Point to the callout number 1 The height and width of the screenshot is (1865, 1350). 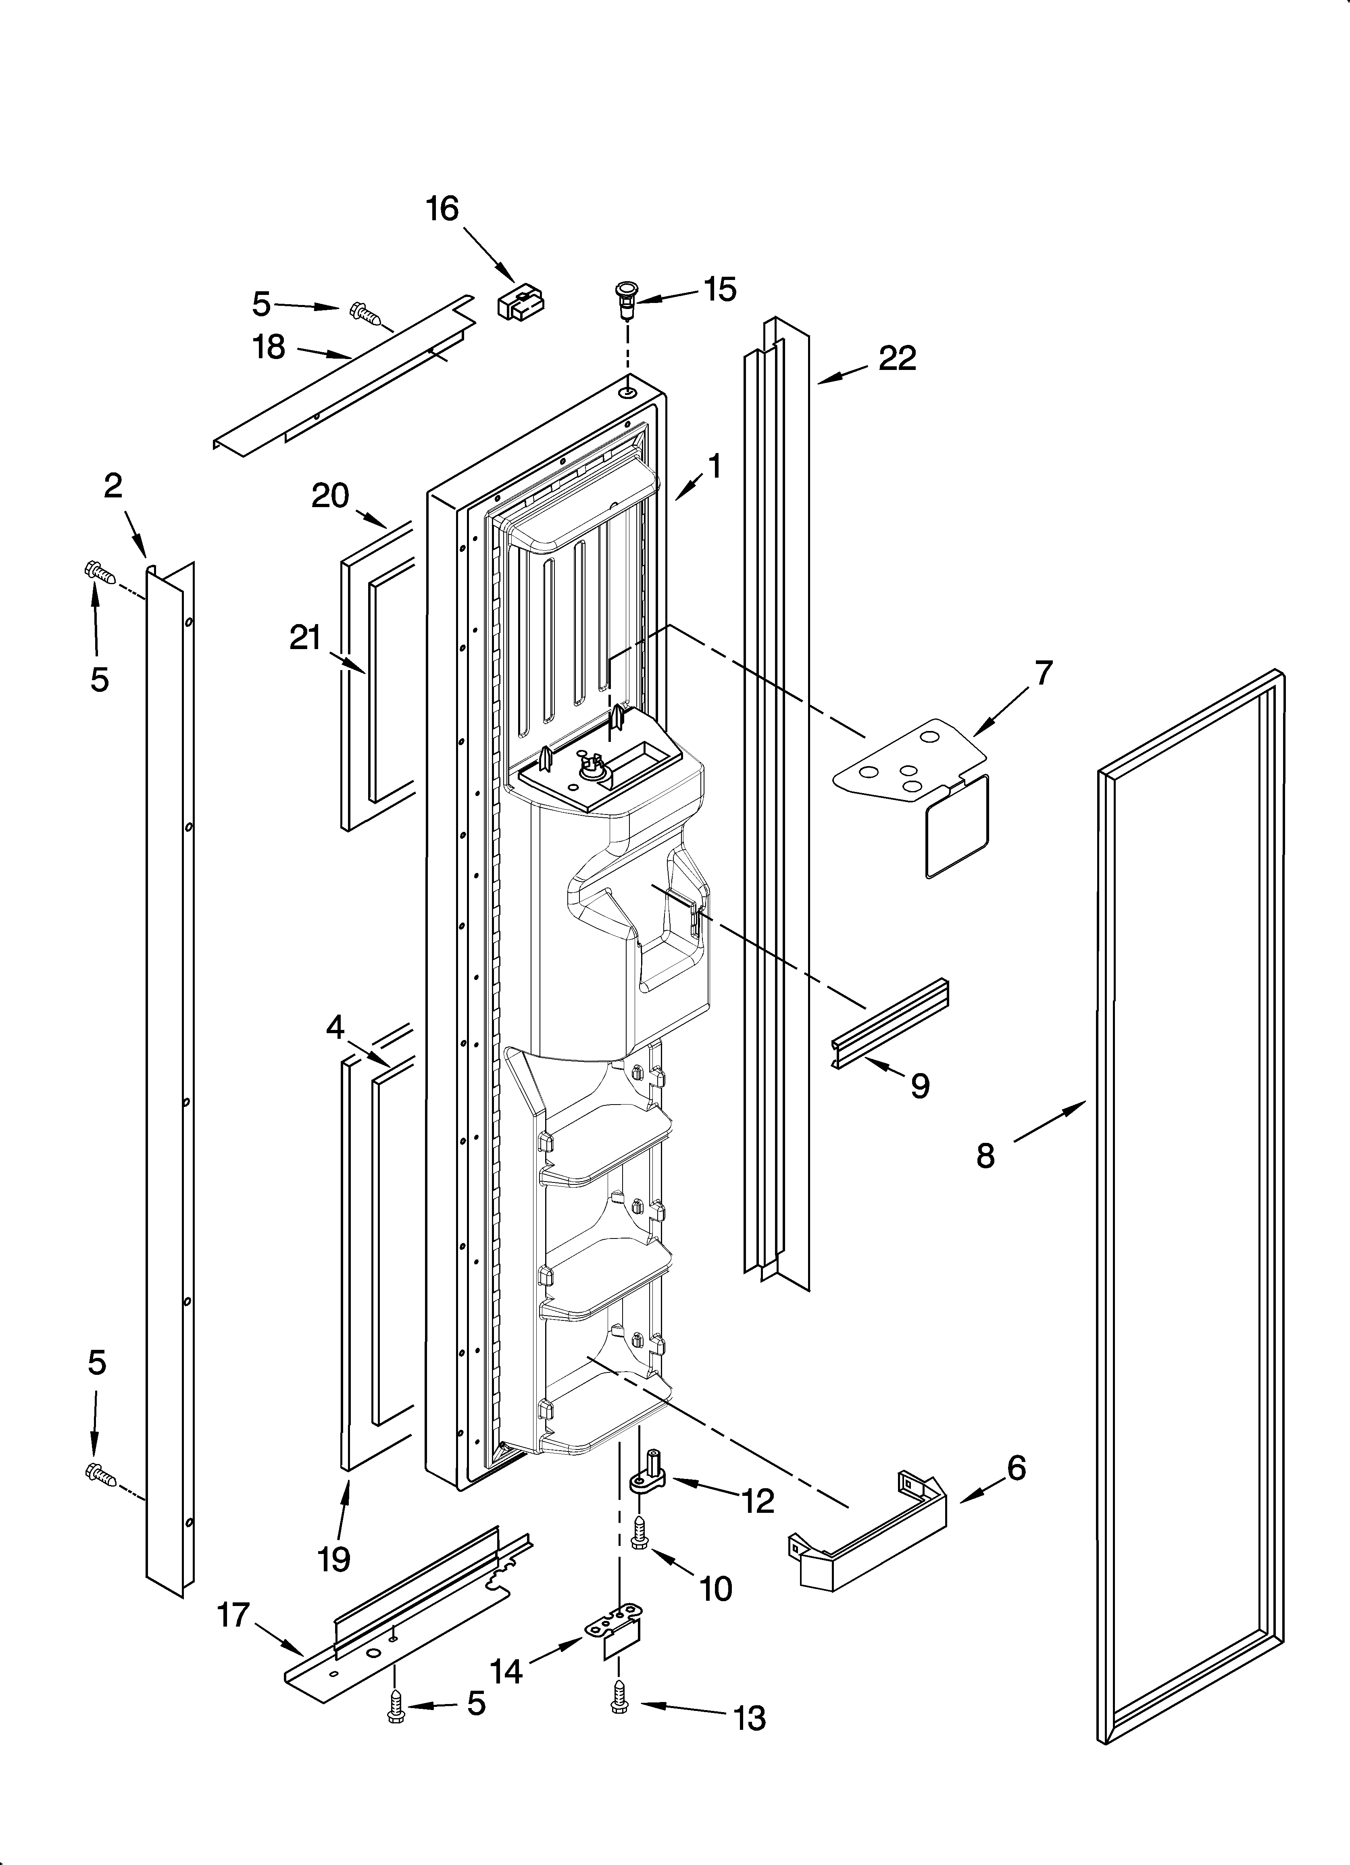point(715,466)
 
